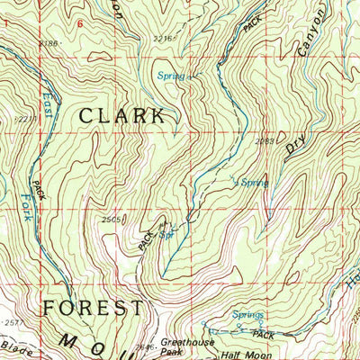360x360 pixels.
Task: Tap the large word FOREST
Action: click(93, 308)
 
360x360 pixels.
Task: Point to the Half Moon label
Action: click(241, 353)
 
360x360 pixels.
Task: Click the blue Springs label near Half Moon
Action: click(247, 315)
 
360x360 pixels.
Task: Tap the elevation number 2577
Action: click(11, 321)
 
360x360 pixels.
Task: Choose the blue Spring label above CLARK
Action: click(167, 76)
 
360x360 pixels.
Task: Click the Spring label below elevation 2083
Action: click(253, 182)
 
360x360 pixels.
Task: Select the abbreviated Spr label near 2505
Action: click(166, 236)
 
